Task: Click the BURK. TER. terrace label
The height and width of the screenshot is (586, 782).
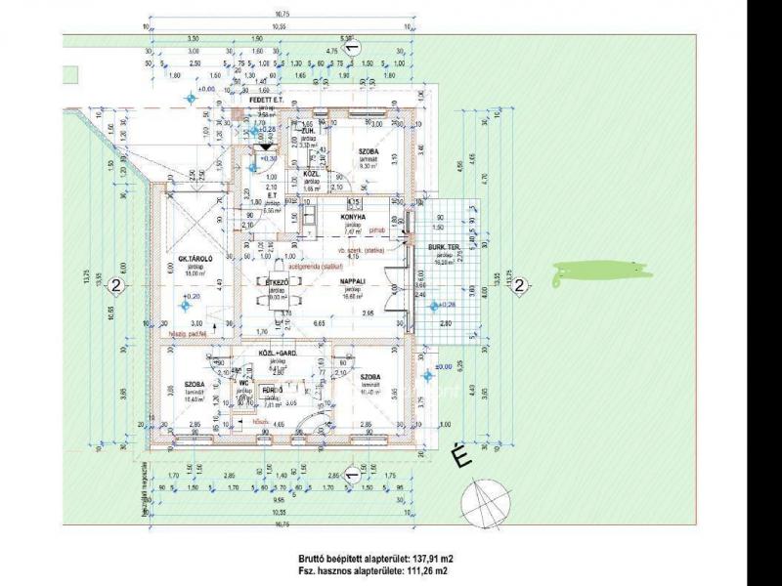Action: [x=444, y=248]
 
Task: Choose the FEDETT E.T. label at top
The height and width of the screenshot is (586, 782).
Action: [x=266, y=101]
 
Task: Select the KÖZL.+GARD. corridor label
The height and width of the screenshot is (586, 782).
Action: [x=277, y=354]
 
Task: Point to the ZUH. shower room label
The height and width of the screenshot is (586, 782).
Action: [x=307, y=131]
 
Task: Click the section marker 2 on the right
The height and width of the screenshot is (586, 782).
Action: [x=520, y=286]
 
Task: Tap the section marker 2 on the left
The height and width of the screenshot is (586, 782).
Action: [x=116, y=286]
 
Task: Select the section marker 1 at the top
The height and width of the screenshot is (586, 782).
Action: [x=354, y=46]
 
